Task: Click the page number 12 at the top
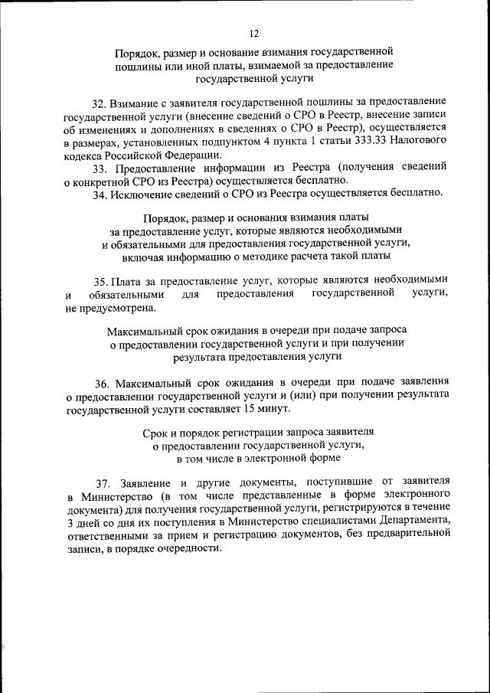click(x=254, y=33)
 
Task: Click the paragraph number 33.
click(x=99, y=168)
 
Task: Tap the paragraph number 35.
click(x=100, y=279)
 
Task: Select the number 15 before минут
click(x=249, y=409)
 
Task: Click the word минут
click(x=273, y=409)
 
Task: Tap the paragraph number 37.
click(x=103, y=482)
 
